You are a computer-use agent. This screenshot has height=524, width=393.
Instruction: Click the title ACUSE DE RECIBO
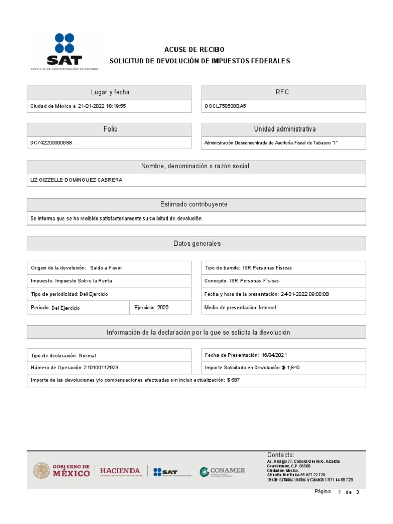[194, 49]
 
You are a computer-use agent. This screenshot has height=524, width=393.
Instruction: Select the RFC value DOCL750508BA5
[225, 106]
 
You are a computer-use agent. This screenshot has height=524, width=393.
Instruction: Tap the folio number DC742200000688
[51, 143]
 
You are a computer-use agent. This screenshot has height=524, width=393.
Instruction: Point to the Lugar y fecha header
[109, 92]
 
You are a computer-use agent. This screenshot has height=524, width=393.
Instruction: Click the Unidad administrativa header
[285, 129]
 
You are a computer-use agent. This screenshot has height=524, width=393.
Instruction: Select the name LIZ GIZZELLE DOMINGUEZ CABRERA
[77, 180]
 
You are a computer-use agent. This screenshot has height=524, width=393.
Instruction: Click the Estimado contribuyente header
[196, 204]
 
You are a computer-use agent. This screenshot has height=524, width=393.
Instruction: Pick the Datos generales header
[196, 244]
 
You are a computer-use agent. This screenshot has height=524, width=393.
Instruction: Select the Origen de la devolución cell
[77, 268]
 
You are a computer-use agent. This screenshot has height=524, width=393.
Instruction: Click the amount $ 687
[233, 380]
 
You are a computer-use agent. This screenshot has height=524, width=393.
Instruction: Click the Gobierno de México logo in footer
[62, 471]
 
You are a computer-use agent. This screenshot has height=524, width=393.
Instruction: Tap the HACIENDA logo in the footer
[120, 471]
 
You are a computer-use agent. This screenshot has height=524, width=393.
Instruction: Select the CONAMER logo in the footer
[222, 471]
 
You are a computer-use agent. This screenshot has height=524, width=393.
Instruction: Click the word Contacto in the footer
[280, 455]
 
